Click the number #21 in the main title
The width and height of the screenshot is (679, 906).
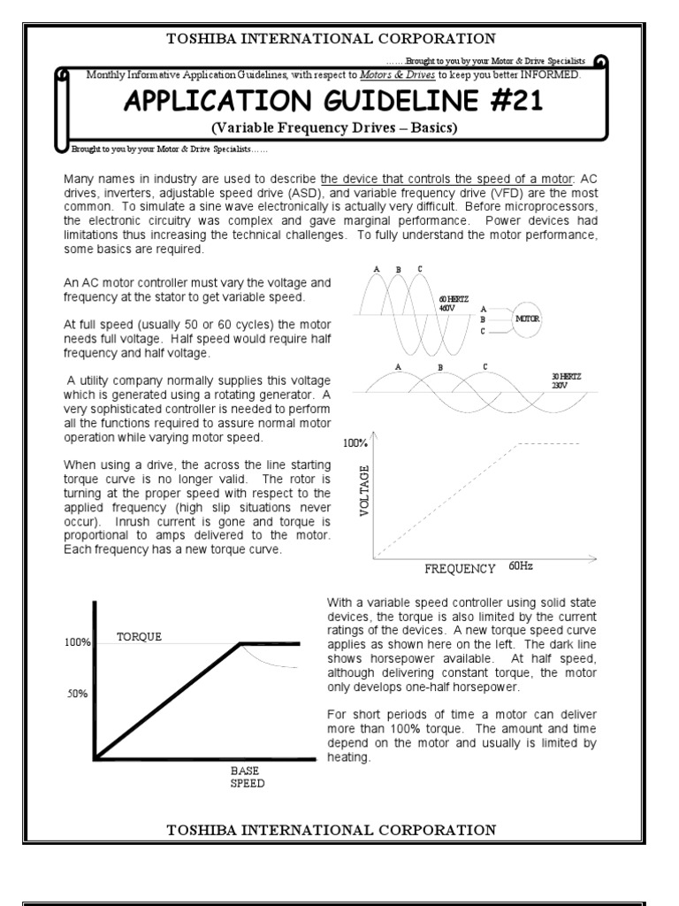[508, 101]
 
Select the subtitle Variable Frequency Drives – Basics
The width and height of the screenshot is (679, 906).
[332, 128]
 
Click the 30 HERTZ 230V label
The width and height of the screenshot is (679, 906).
[564, 380]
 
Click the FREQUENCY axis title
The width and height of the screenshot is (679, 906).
[459, 568]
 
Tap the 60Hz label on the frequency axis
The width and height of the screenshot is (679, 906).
[521, 565]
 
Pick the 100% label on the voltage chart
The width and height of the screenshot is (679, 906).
[354, 441]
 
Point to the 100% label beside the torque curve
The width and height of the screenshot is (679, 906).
[77, 642]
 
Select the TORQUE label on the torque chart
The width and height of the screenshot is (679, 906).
[140, 636]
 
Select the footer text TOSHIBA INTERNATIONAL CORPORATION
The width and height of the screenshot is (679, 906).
[331, 829]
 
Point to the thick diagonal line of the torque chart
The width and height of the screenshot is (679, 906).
[168, 701]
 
